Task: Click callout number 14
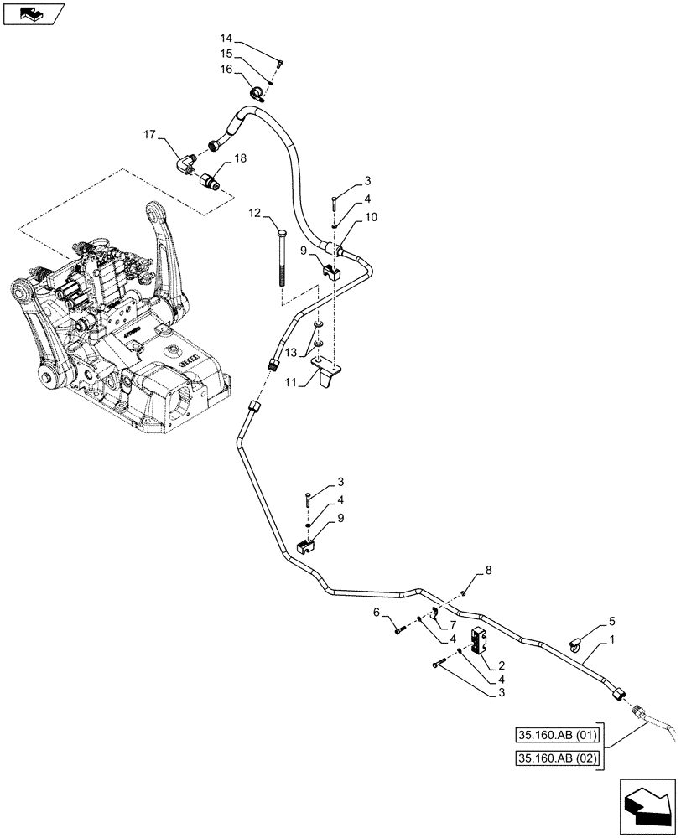(226, 39)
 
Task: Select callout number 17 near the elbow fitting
(150, 134)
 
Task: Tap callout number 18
(240, 158)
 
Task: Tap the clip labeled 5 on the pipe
(576, 643)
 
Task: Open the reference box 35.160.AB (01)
(548, 737)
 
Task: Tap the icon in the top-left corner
(33, 13)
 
